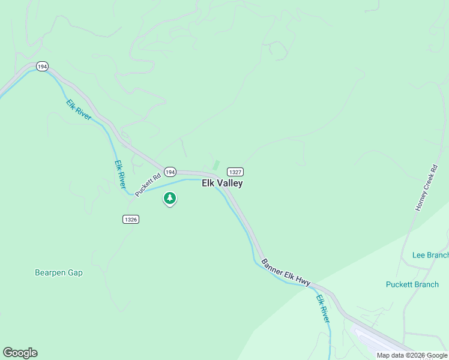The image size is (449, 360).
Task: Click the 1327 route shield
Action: point(235,172)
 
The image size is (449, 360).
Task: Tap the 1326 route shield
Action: point(131,220)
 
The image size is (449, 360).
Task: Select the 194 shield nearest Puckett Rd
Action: point(170,172)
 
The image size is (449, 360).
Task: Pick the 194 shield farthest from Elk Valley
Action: point(41,67)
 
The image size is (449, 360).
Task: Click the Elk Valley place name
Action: point(222,184)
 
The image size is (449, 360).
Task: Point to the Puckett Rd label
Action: point(148,184)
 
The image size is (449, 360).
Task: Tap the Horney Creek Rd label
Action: point(427,187)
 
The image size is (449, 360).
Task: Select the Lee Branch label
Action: point(430,255)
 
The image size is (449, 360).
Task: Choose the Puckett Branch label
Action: point(412,284)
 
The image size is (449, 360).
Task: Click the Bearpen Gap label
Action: point(59,272)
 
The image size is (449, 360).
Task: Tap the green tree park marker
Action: point(170,197)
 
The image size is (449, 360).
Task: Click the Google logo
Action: point(20,353)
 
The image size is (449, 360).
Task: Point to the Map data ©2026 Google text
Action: point(412,355)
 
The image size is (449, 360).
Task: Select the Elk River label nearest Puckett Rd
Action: point(121,172)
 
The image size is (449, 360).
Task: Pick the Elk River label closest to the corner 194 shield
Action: point(79,110)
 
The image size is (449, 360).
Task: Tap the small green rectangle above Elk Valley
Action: point(216,164)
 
